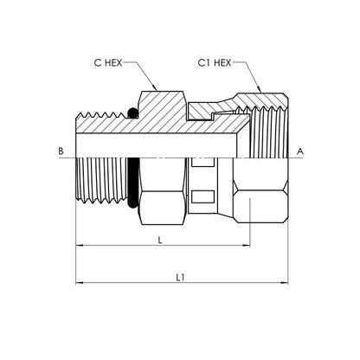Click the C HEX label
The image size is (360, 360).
click(108, 62)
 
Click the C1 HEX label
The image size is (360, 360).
click(215, 62)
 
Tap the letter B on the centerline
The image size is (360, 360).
click(61, 151)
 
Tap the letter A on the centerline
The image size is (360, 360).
click(300, 151)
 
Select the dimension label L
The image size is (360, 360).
click(160, 240)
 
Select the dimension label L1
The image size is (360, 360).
click(180, 278)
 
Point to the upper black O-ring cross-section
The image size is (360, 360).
click(132, 113)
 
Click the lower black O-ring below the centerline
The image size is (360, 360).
click(132, 183)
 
